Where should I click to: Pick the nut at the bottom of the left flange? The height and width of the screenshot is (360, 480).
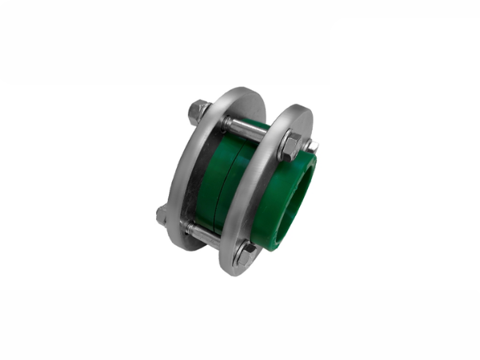tap(163, 214)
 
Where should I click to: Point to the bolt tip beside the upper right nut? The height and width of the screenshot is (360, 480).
tap(311, 146)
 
